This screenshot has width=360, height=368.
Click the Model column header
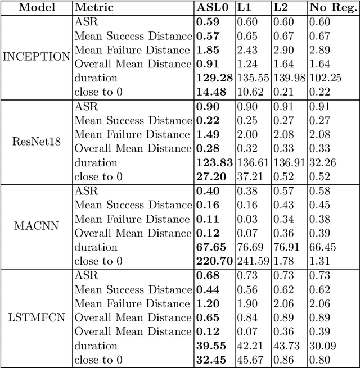(36, 8)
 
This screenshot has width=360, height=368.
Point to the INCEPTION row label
(37, 57)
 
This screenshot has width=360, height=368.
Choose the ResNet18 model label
(36, 141)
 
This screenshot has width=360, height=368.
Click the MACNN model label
(36, 226)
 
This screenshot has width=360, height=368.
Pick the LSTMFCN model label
(36, 317)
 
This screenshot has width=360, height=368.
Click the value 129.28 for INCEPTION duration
(215, 78)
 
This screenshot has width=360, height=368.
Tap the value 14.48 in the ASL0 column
(210, 92)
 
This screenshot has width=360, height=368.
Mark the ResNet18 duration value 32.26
(322, 162)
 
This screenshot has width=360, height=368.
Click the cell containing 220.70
(215, 261)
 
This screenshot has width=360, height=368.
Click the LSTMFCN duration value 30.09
(322, 346)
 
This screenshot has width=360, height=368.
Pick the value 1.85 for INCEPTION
(207, 50)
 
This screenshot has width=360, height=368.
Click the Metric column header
(94, 8)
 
